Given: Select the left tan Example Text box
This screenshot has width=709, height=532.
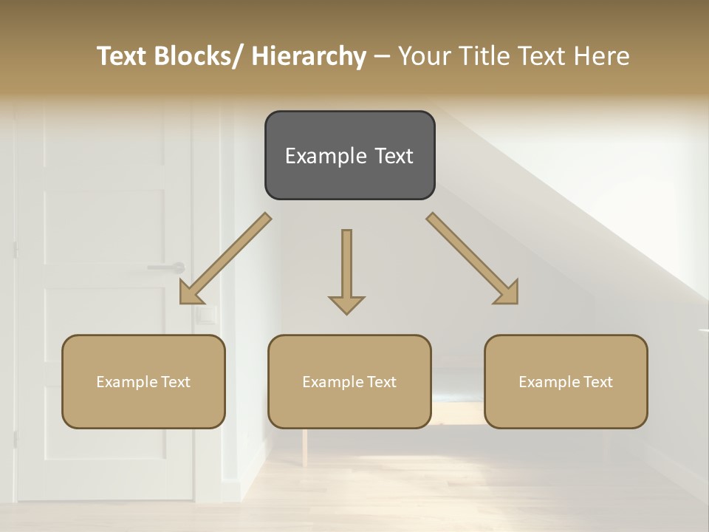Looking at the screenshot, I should pos(143,381).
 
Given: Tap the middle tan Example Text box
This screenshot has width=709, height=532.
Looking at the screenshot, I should pos(349,381).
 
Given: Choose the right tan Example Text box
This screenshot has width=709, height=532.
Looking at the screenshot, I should pos(566,381).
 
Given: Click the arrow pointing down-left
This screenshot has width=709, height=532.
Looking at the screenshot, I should pos(225,259).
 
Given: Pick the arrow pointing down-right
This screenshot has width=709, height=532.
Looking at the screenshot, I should pos(473,259).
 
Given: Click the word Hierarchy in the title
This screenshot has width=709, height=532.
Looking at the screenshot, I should pos(309,56).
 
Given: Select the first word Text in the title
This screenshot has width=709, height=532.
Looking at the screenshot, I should pos(123,56).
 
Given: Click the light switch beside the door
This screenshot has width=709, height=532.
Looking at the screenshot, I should pos(208,316).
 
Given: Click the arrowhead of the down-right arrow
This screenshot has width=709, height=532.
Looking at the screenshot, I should pos(508,294).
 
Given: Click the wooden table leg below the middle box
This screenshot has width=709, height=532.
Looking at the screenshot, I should pos(304,446).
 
